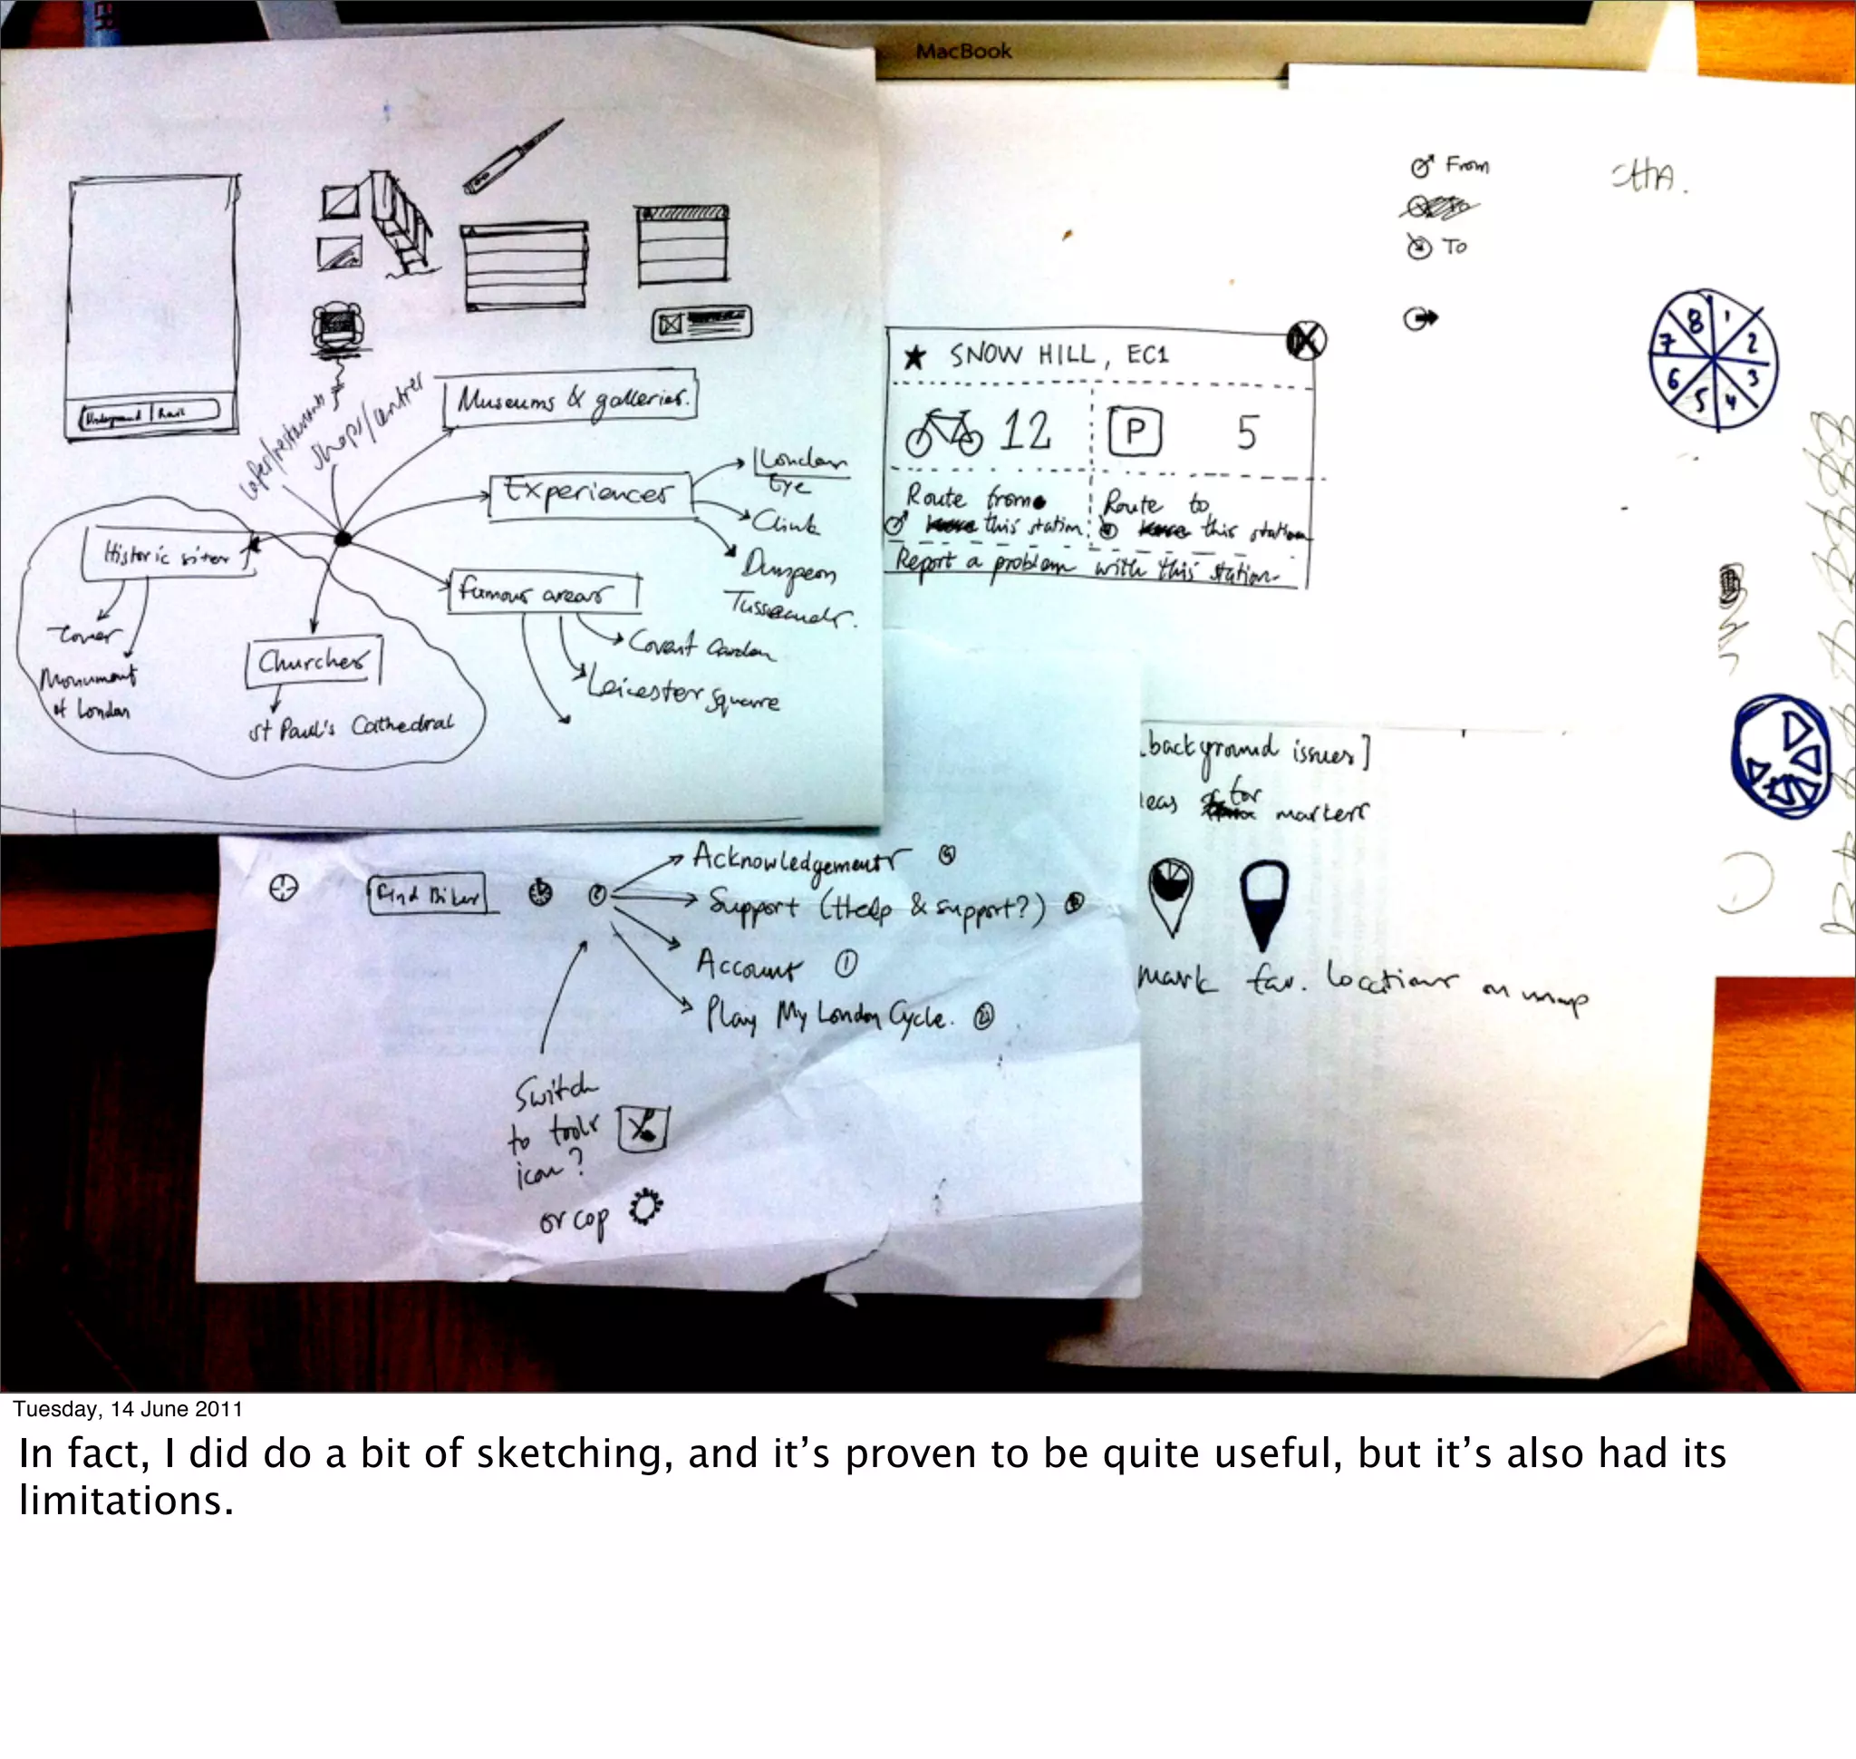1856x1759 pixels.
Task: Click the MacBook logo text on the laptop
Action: click(963, 51)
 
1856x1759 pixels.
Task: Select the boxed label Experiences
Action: click(591, 494)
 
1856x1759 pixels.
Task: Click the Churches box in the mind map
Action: click(313, 663)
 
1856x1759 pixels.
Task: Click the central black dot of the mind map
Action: click(343, 539)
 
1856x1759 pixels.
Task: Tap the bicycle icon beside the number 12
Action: click(943, 434)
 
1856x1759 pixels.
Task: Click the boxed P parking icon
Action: click(1135, 432)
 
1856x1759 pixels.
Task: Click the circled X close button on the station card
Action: click(1306, 339)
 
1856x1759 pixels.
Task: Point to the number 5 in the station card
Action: click(1246, 433)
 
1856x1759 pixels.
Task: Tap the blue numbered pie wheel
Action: click(1713, 361)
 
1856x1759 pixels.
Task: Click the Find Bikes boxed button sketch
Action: click(428, 897)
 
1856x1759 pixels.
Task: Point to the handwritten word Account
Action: click(748, 965)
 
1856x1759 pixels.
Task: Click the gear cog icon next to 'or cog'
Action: click(646, 1208)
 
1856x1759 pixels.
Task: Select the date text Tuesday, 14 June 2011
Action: click(129, 1409)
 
